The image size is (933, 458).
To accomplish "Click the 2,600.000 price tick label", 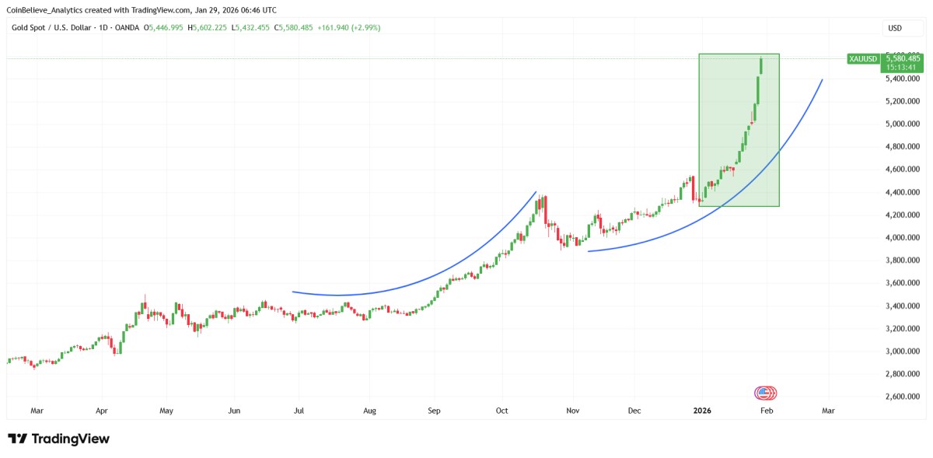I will [903, 397].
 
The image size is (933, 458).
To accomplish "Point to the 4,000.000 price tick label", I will [903, 237].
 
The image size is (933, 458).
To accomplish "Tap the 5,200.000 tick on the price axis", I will [903, 101].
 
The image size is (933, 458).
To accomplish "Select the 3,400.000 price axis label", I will [903, 306].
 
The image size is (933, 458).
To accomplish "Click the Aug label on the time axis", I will [369, 411].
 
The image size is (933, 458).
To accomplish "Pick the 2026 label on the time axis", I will [702, 411].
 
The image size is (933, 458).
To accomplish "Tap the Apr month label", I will [101, 411].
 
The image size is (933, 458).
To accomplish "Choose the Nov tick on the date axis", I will [573, 411].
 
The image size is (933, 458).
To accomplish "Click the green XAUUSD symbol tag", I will [863, 59].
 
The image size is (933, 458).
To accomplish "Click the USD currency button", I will [895, 28].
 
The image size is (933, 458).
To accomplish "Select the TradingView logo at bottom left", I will [58, 439].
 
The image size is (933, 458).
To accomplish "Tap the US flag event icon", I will [764, 393].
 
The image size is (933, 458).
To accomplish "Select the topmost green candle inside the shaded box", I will [760, 65].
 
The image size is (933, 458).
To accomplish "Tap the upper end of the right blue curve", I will [822, 80].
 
